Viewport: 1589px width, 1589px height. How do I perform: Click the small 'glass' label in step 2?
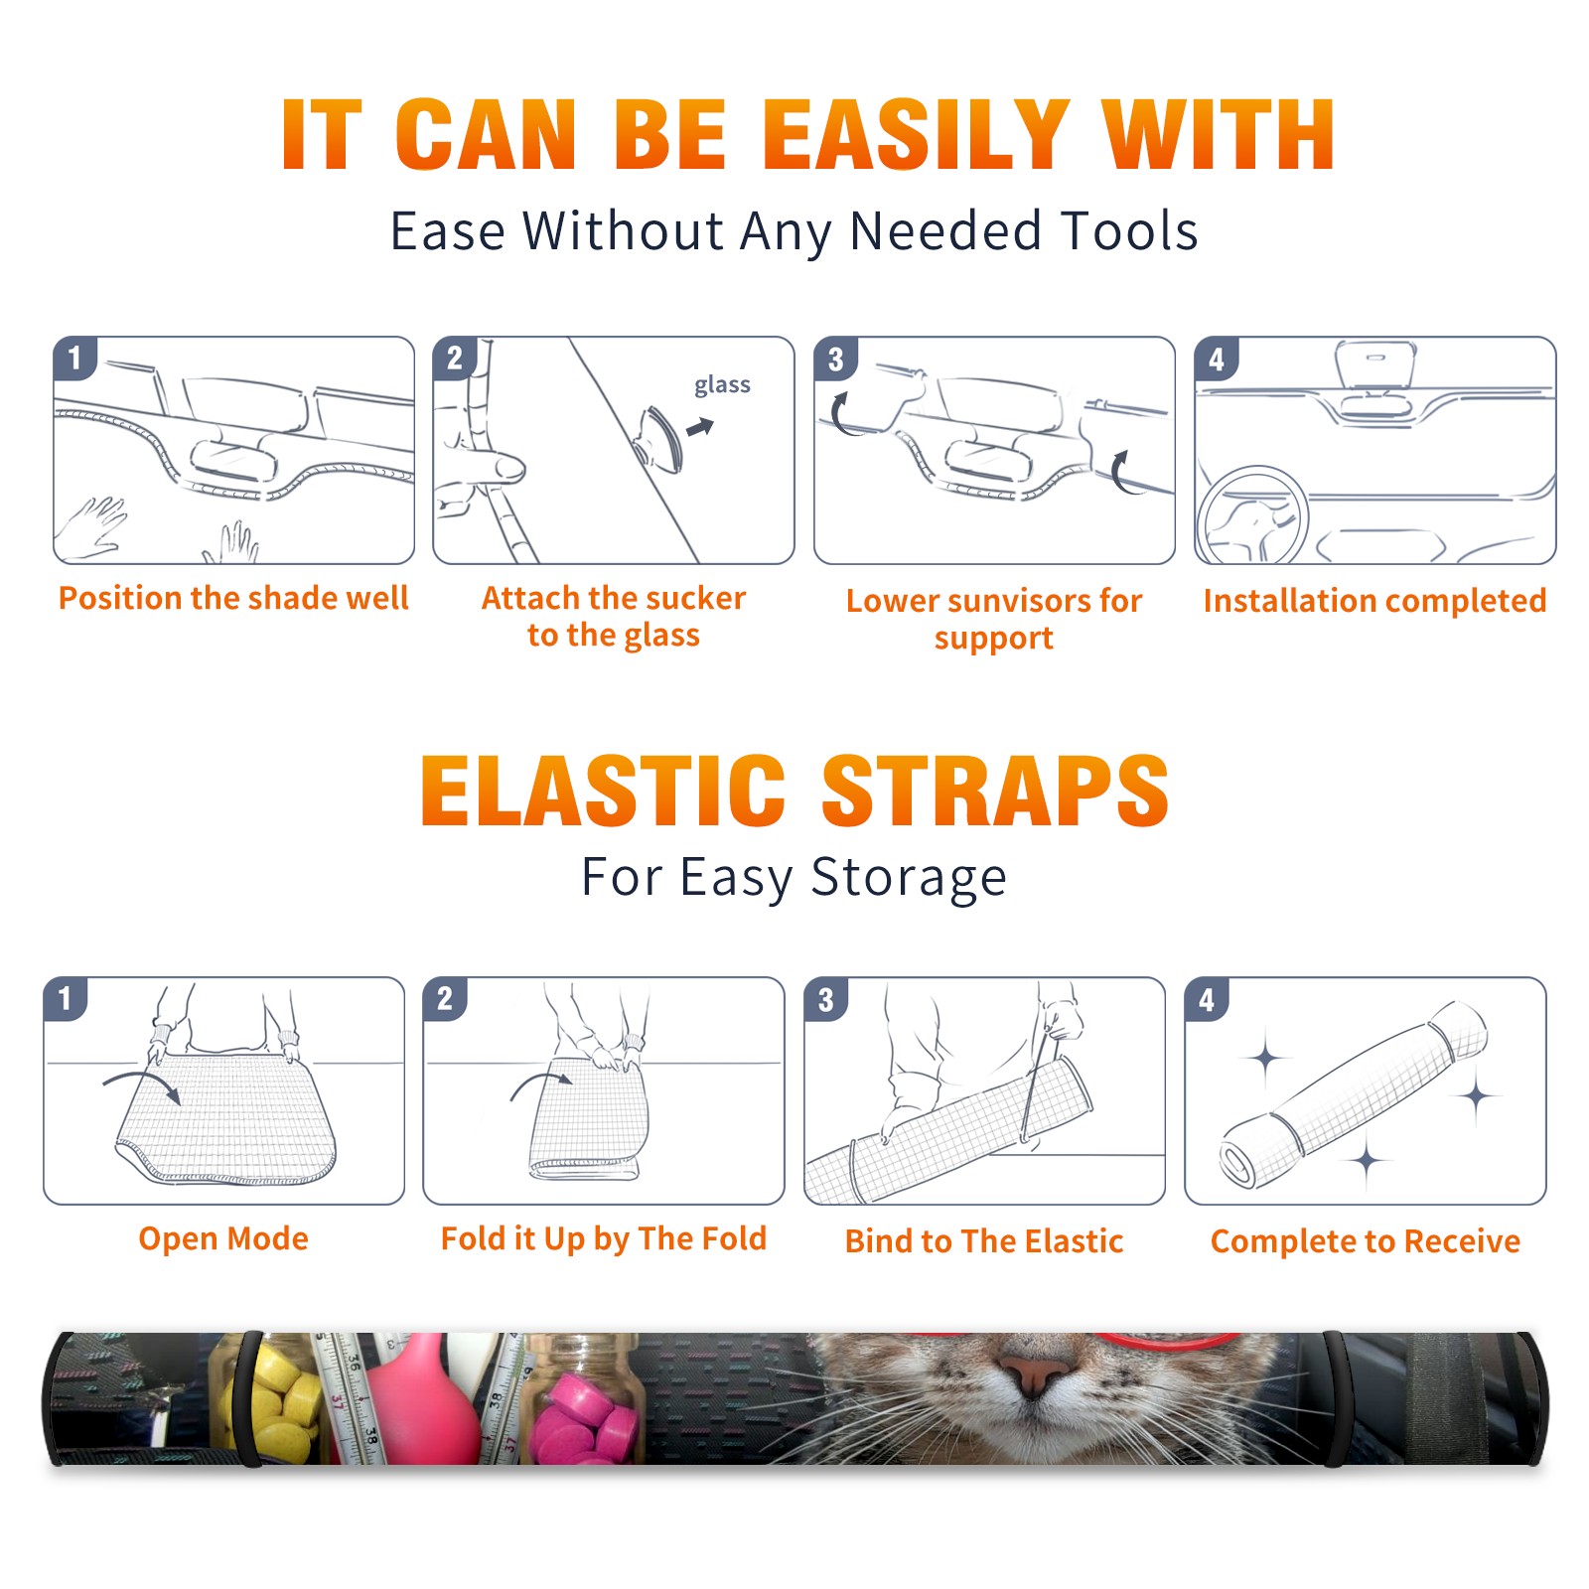tap(722, 385)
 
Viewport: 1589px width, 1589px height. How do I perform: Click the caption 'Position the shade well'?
tap(233, 598)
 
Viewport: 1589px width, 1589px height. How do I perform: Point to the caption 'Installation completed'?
tap(1374, 601)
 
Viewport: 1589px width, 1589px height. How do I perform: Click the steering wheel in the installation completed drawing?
tap(1252, 516)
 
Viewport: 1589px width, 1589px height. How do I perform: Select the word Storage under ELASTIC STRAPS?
tap(909, 878)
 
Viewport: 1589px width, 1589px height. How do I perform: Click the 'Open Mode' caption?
tap(223, 1238)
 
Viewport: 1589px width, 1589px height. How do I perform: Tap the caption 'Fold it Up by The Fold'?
tap(604, 1239)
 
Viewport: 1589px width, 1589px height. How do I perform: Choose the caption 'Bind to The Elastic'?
tap(984, 1241)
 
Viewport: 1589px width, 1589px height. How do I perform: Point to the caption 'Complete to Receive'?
tap(1366, 1241)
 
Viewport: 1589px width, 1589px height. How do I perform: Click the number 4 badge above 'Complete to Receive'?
tap(1207, 999)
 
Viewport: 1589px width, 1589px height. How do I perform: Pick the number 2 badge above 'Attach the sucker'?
tap(455, 358)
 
